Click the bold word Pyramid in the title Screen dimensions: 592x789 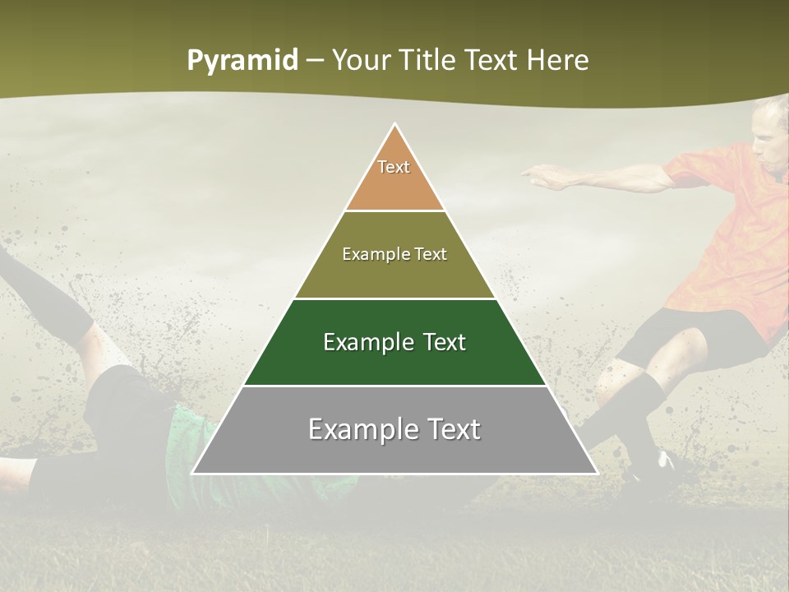(x=242, y=61)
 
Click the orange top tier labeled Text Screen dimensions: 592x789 (x=394, y=177)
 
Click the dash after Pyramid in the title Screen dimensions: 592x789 (x=314, y=61)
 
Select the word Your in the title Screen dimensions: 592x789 (x=358, y=60)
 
